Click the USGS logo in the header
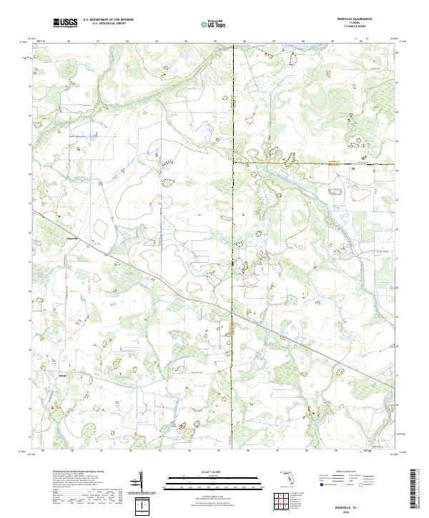65,24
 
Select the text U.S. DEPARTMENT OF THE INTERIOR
108,21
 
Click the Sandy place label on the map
62,373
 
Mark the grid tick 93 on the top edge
157,41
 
